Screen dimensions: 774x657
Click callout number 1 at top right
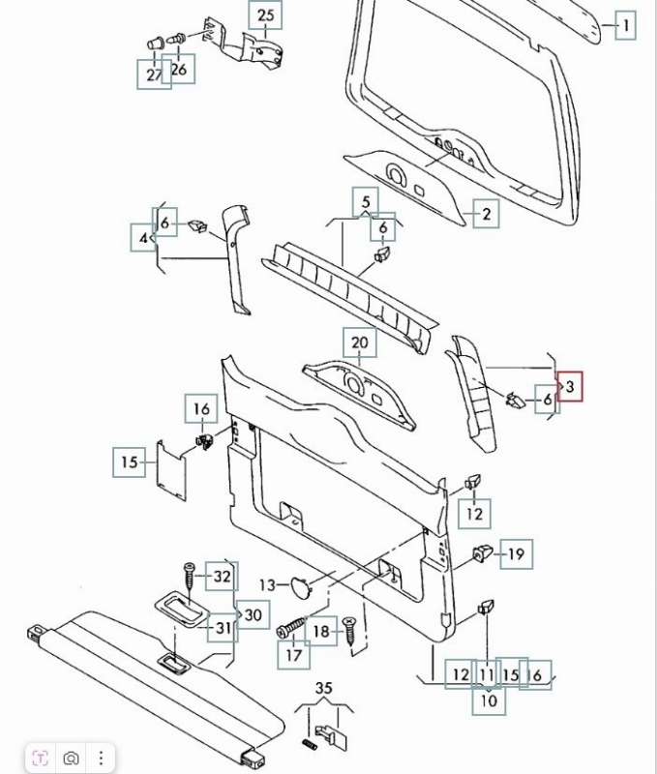tap(626, 25)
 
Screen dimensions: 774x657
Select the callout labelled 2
tap(486, 214)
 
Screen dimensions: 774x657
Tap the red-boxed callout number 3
tap(570, 388)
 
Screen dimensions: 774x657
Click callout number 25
tap(265, 15)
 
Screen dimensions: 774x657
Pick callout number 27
tap(154, 74)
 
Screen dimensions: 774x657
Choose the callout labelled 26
tap(179, 69)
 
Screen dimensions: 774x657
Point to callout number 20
tap(360, 342)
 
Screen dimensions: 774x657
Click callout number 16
tap(201, 409)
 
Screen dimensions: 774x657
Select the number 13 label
tap(268, 584)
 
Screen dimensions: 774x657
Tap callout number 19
tap(516, 553)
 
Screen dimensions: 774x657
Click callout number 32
tap(223, 577)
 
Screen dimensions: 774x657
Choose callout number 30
tap(254, 614)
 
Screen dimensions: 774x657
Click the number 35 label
tap(325, 688)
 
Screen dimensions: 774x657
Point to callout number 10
tap(488, 700)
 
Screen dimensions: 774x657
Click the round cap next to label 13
tap(301, 583)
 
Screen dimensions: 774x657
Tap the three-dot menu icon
tap(101, 758)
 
